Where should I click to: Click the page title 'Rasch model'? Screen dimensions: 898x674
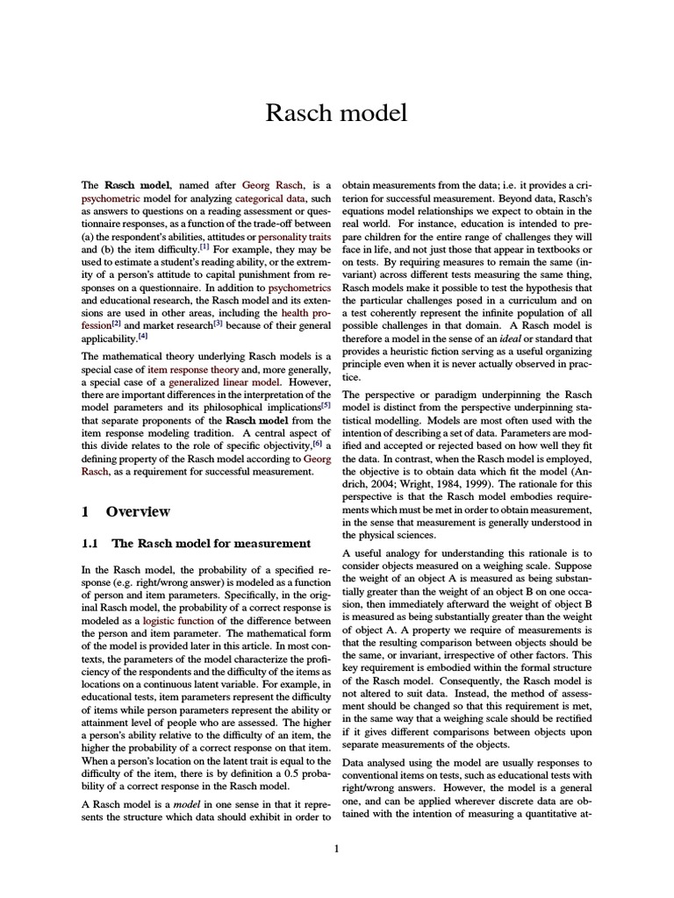(x=337, y=113)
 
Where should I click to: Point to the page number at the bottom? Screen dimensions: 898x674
(x=337, y=847)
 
